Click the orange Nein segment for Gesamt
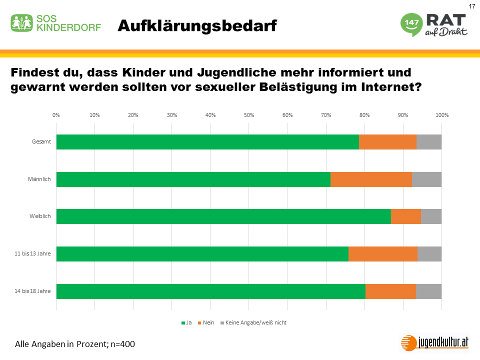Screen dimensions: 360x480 (387, 142)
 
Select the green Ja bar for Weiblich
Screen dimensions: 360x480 (223, 216)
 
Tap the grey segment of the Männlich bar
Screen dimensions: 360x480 (426, 179)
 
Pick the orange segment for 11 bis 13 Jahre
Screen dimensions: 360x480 (383, 254)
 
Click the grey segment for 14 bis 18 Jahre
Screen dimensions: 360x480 (428, 291)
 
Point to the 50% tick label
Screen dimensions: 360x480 (249, 115)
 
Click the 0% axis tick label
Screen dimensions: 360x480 (56, 115)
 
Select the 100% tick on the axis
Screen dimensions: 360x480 (442, 115)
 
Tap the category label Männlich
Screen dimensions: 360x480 (40, 179)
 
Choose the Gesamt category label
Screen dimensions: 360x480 (41, 142)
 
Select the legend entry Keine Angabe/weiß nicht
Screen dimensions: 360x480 (255, 322)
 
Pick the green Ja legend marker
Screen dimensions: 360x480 (183, 323)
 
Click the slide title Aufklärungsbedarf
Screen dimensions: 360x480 (197, 26)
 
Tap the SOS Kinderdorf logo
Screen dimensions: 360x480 (56, 23)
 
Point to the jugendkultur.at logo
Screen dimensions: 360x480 (435, 342)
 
